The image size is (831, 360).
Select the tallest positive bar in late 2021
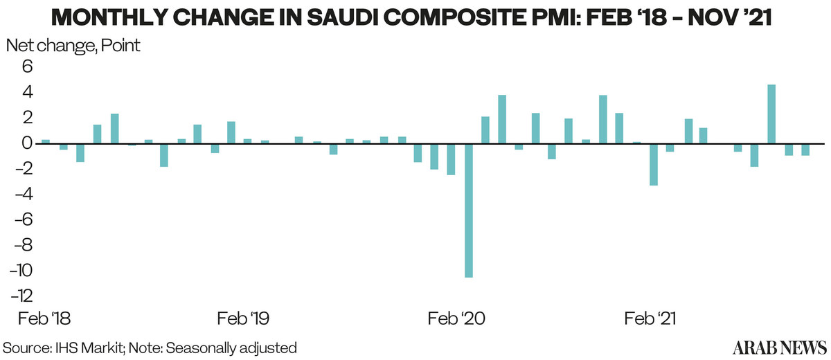click(771, 114)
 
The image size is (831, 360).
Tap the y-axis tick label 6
click(28, 66)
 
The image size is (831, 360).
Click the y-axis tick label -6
click(23, 219)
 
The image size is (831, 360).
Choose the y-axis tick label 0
click(28, 143)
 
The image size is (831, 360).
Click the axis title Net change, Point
click(73, 46)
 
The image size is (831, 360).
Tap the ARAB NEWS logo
click(778, 346)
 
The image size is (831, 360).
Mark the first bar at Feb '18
click(46, 141)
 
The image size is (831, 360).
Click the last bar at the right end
click(805, 150)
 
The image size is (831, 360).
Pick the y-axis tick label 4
click(28, 92)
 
